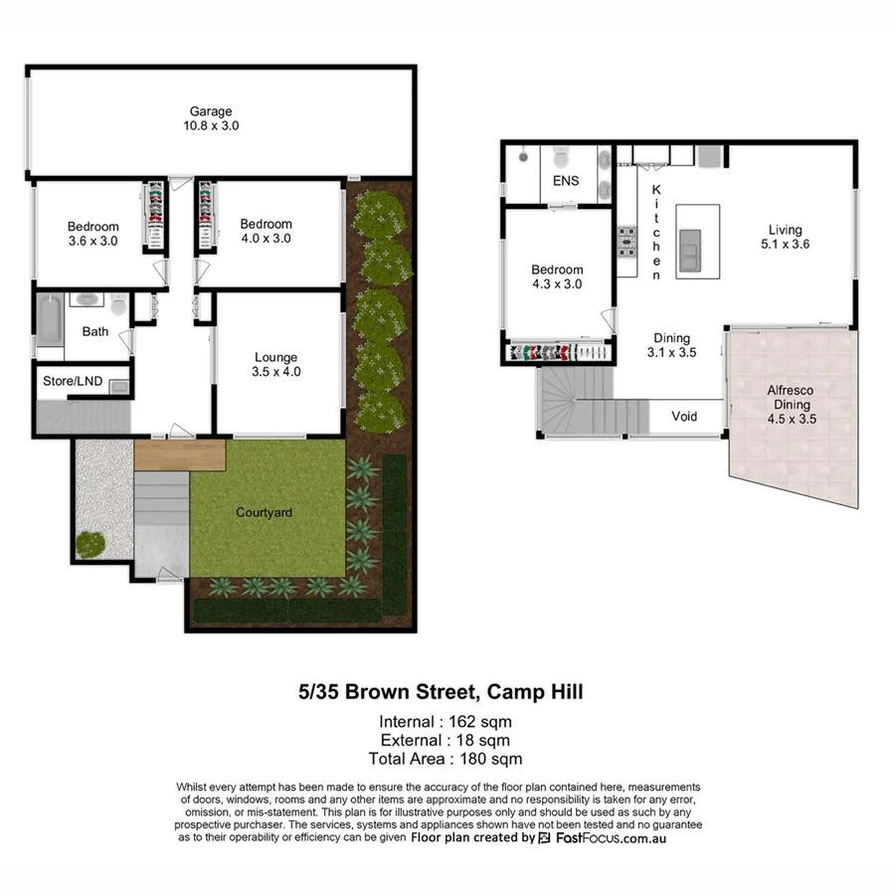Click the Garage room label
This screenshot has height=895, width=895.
coord(211,119)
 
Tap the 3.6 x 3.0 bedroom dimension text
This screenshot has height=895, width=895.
coord(93,241)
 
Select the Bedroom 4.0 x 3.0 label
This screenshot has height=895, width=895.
coord(266,231)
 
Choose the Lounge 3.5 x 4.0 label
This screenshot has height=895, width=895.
coord(275,365)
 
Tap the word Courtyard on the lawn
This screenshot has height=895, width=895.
coord(264,513)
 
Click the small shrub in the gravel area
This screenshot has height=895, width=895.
coord(90,544)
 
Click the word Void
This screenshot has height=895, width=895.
coord(684,416)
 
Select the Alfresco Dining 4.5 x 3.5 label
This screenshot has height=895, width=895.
coord(792,405)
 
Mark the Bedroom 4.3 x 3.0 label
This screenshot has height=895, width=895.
coord(557,276)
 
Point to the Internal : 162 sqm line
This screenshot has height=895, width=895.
coord(447,721)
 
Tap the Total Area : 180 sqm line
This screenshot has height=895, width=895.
coord(447,759)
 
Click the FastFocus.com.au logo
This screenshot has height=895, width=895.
coord(603,838)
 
